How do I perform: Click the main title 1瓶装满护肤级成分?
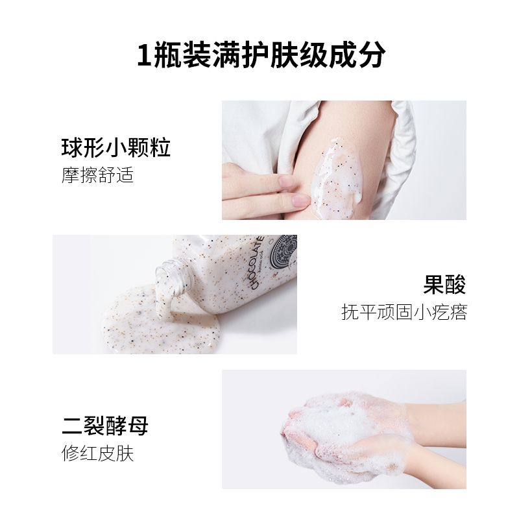[261, 55]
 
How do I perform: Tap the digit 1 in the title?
[145, 55]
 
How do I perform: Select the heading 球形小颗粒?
[116, 147]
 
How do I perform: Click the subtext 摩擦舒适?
[98, 175]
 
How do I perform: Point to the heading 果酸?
[444, 284]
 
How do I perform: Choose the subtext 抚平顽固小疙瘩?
[404, 312]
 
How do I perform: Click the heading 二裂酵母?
[105, 426]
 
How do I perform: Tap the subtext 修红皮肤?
[98, 453]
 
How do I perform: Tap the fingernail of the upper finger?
[287, 181]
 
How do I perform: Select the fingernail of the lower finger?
[301, 200]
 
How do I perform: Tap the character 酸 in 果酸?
[455, 284]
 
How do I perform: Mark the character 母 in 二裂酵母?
[138, 426]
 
